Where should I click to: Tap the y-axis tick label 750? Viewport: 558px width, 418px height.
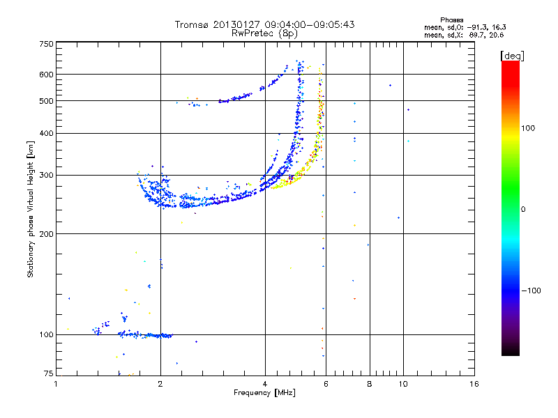tap(46, 44)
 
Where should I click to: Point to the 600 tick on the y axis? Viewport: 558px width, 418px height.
tap(46, 75)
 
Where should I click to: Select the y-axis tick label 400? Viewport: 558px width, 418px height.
tap(46, 133)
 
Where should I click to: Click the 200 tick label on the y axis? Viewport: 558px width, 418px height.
tap(46, 233)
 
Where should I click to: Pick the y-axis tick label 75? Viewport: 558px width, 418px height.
tap(48, 374)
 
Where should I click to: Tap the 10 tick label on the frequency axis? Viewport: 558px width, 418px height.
tap(402, 384)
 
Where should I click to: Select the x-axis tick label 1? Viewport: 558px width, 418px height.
tap(56, 384)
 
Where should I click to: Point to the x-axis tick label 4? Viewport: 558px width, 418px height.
tap(265, 384)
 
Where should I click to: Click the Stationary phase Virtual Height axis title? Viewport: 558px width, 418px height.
tap(31, 209)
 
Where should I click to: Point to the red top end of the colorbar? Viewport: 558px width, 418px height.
tap(510, 65)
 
